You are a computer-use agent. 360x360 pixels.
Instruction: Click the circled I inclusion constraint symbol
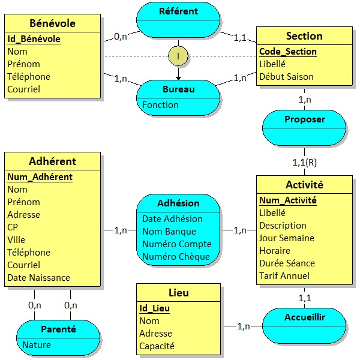(x=178, y=56)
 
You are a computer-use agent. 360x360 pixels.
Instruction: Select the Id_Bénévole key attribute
(x=34, y=39)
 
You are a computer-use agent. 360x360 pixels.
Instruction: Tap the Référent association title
(x=178, y=11)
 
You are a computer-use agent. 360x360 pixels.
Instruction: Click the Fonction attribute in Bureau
(x=160, y=105)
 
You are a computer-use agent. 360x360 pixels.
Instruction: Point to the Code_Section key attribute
(x=287, y=52)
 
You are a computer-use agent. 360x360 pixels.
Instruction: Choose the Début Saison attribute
(x=286, y=77)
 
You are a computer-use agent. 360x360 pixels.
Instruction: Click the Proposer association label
(x=304, y=119)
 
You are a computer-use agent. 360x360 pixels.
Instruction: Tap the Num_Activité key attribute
(x=287, y=200)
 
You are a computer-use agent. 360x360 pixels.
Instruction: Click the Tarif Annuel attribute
(x=284, y=276)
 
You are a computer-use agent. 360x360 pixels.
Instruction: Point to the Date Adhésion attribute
(x=172, y=219)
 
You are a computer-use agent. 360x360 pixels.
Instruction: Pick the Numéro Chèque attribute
(x=176, y=257)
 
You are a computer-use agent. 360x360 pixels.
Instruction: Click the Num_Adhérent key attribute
(x=40, y=177)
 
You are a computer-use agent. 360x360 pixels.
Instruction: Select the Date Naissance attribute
(x=38, y=278)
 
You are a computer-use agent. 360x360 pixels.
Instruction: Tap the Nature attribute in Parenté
(x=36, y=345)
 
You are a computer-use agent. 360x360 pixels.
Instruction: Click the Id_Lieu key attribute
(x=154, y=308)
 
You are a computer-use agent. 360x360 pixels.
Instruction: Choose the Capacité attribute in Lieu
(x=157, y=346)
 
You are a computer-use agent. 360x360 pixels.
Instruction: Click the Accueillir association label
(x=304, y=317)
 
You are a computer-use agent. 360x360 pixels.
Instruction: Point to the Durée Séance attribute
(x=287, y=263)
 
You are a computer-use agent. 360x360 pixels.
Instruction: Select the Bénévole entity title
(x=52, y=23)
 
